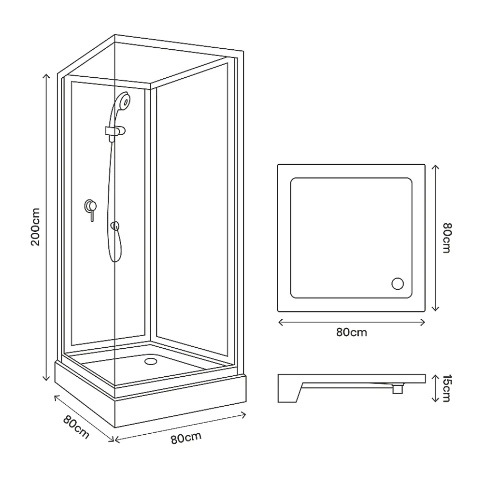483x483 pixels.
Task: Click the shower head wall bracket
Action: point(115,132)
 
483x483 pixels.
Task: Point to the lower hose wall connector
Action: point(115,226)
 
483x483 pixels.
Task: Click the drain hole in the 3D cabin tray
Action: point(151,361)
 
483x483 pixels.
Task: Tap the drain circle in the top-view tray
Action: point(398,284)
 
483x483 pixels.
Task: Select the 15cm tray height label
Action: point(447,388)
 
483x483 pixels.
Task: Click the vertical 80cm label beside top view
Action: point(447,238)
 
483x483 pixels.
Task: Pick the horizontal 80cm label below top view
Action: point(352,332)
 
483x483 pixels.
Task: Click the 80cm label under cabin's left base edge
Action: point(76,427)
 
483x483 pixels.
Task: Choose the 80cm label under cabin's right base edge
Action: point(186,438)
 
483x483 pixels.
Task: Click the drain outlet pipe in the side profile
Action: point(398,388)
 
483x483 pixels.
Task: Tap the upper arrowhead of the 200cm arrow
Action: point(46,76)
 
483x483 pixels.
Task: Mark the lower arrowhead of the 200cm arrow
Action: point(46,378)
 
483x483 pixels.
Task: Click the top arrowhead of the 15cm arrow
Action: point(435,377)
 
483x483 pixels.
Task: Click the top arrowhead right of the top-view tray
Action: point(435,168)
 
